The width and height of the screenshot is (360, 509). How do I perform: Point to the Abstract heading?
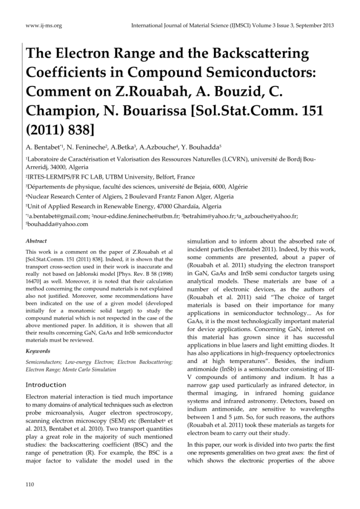coord(36,241)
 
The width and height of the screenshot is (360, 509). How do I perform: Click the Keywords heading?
coord(37,350)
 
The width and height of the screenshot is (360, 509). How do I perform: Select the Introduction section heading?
coord(46,385)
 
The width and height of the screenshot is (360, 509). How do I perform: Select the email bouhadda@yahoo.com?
coord(57,224)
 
